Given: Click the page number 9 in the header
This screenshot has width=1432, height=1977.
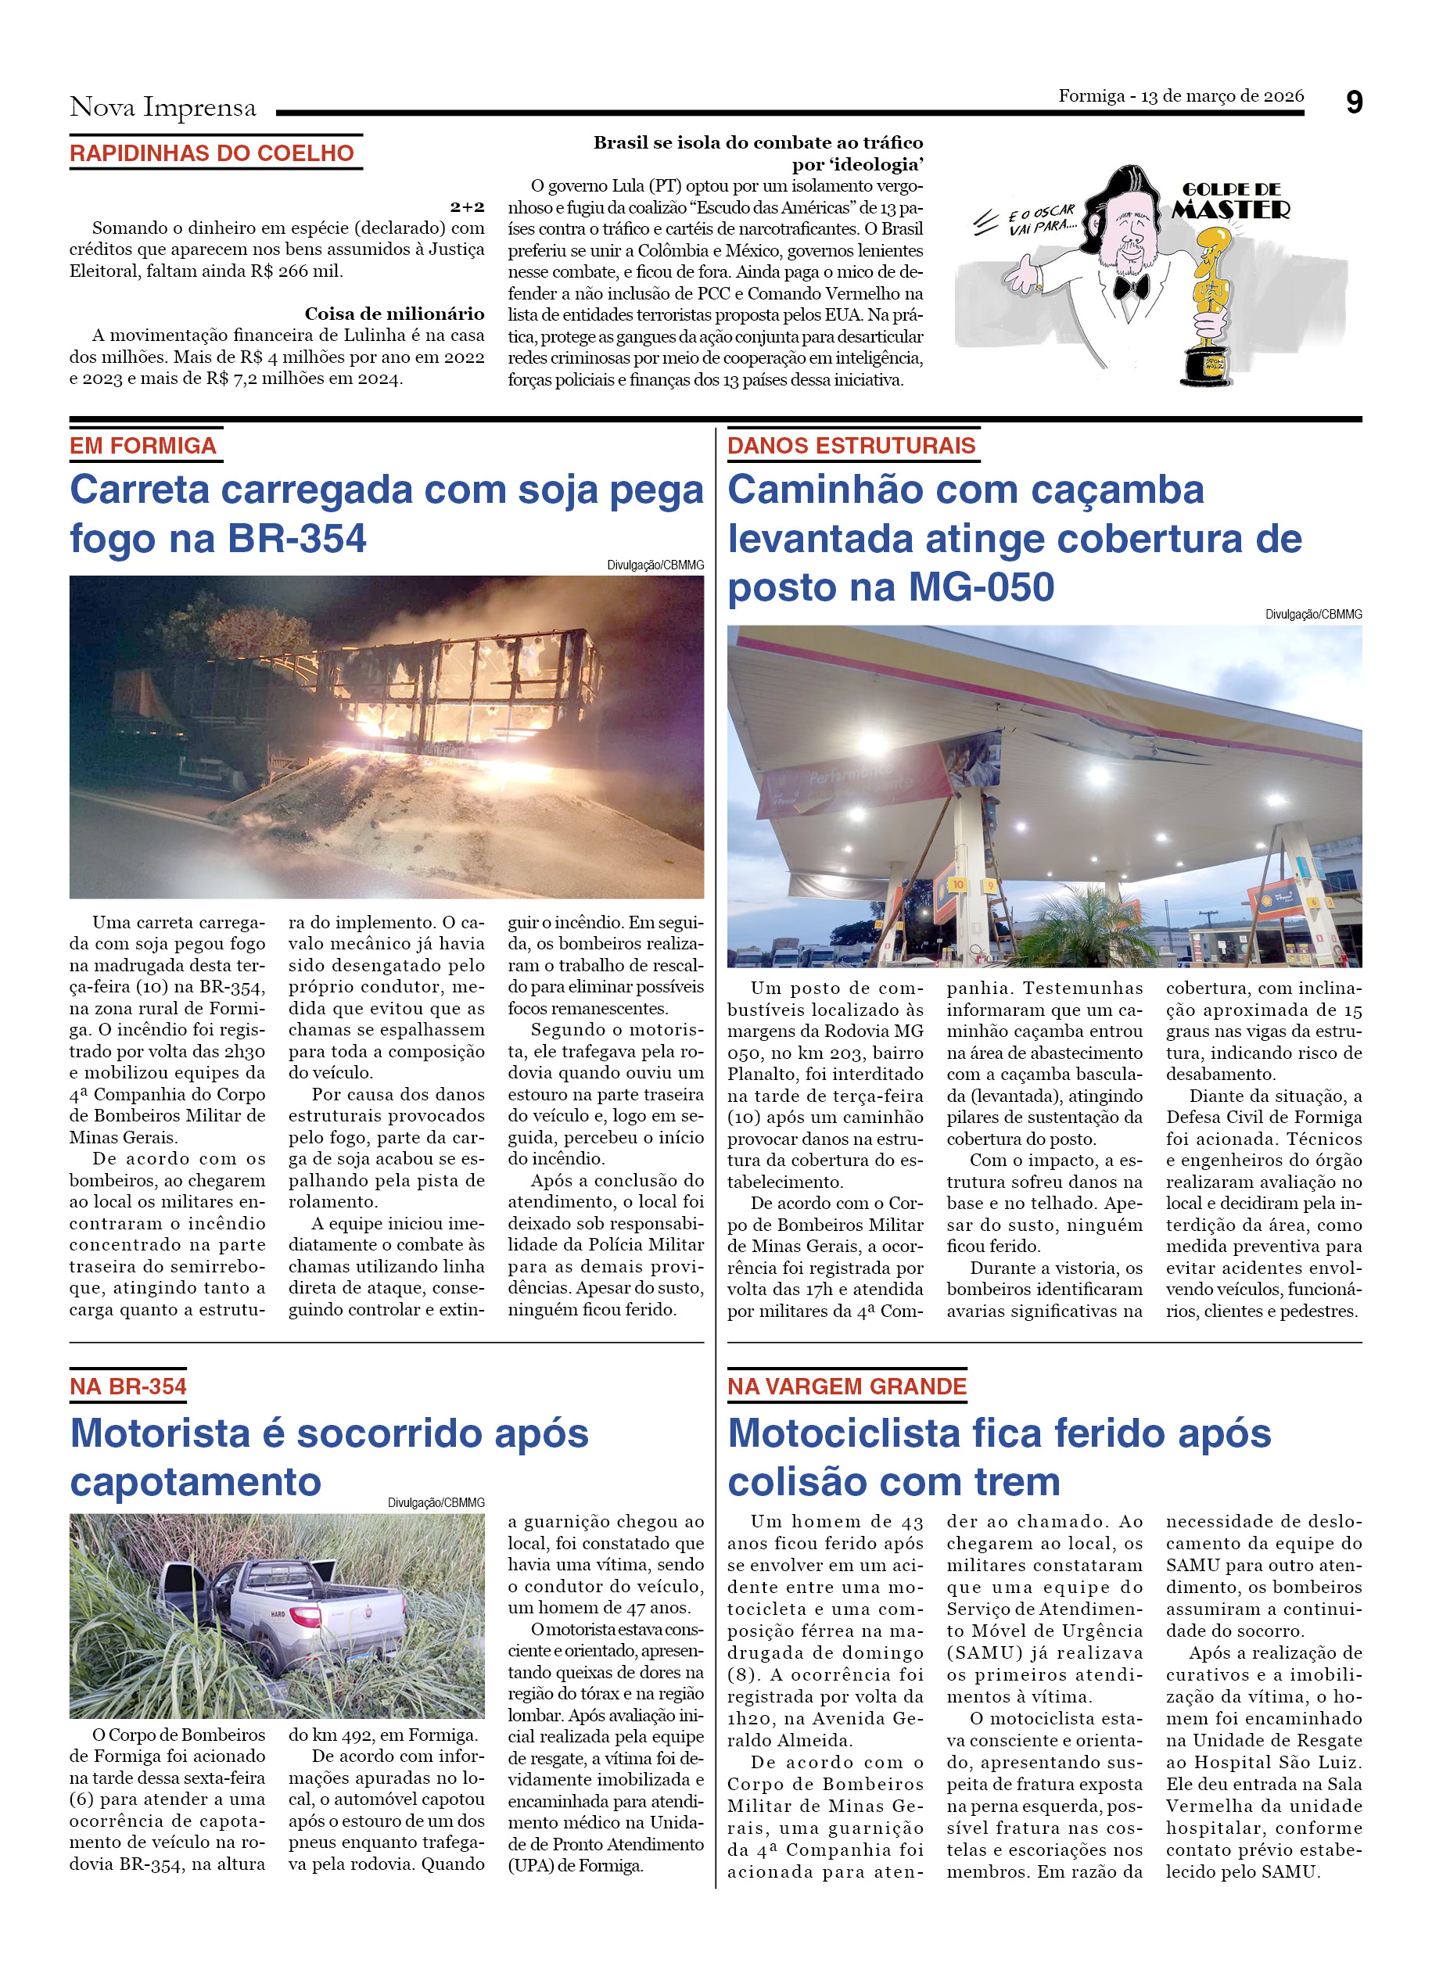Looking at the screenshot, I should [1353, 103].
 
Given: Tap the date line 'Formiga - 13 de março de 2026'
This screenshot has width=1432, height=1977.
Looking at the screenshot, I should [1180, 96].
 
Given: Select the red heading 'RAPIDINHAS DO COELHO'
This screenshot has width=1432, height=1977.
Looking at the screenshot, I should [212, 153].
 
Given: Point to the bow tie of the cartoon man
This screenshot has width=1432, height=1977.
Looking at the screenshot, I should [1130, 287].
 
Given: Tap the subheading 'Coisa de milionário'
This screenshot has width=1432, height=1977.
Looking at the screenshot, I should [394, 314].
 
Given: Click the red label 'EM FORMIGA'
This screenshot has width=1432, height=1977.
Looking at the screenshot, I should [143, 447].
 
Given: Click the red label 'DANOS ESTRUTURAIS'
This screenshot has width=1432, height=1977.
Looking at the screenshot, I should [851, 447].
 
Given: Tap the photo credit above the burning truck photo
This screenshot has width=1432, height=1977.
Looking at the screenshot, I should [655, 565].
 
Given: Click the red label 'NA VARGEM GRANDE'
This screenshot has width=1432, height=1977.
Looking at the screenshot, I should [846, 1387].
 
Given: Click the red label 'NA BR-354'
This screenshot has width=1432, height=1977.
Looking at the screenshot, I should [128, 1387].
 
